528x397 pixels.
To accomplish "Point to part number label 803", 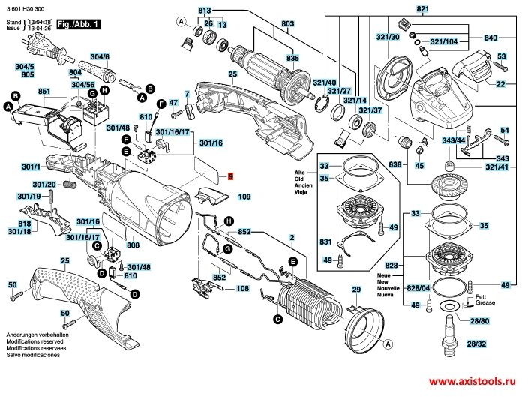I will (266, 25).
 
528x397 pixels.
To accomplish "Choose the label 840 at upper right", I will (491, 38).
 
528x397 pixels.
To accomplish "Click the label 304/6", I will (100, 57).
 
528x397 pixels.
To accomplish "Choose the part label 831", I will (325, 242).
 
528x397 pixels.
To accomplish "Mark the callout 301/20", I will (44, 185).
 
